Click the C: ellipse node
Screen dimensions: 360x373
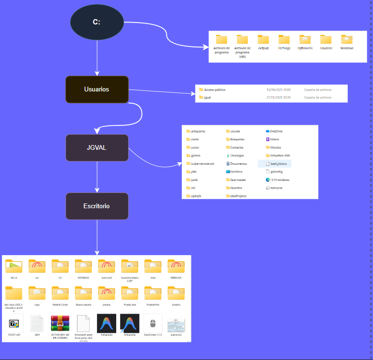[x=97, y=22]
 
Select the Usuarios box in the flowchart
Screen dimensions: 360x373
[x=97, y=90]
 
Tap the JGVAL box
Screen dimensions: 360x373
[x=97, y=147]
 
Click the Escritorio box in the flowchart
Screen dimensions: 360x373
[x=97, y=206]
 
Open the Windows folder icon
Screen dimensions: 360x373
[x=347, y=40]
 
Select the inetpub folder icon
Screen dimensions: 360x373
[x=263, y=40]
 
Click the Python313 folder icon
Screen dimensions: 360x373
[x=305, y=40]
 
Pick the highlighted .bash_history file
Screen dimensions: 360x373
[x=278, y=163]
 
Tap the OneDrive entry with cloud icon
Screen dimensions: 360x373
[x=276, y=131]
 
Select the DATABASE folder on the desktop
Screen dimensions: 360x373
[x=83, y=266]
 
